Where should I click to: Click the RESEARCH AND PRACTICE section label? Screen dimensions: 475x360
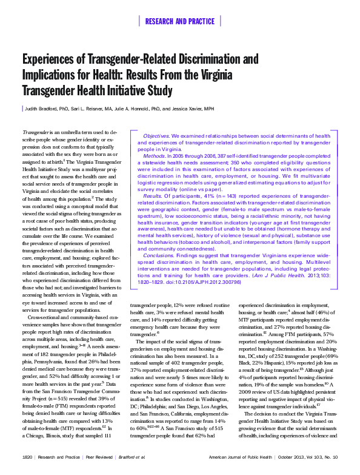(x=179, y=22)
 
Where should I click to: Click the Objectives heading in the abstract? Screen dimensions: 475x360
(x=156, y=136)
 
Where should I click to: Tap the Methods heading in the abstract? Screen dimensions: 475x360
(x=154, y=156)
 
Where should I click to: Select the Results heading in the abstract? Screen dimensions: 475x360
(x=153, y=197)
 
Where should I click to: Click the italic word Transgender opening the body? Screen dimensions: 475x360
(x=35, y=132)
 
